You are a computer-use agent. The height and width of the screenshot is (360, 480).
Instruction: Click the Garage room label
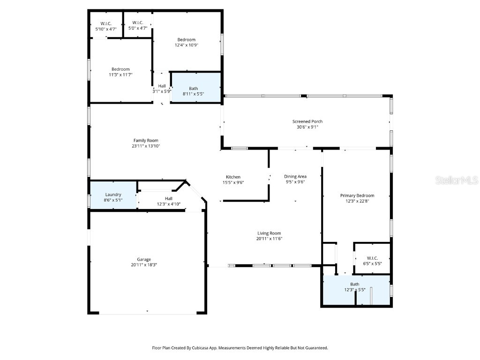pos(144,259)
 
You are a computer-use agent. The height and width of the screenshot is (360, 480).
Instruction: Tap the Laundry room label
pos(113,195)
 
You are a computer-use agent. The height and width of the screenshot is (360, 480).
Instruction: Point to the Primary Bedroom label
pos(357,195)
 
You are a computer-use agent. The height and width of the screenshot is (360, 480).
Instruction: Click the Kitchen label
pos(233,177)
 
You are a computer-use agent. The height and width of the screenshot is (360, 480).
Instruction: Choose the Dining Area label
pos(295,176)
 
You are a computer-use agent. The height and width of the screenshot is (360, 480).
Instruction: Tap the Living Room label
pos(269,233)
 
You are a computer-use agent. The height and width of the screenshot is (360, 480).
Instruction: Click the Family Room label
pos(146,140)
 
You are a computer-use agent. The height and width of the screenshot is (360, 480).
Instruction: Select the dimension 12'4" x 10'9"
pos(186,45)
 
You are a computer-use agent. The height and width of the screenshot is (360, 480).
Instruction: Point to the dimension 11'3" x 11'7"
pos(120,75)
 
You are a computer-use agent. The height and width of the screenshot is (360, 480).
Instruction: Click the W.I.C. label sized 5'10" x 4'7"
pos(106,23)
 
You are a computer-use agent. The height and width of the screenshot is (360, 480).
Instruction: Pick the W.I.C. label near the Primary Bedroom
pos(372,258)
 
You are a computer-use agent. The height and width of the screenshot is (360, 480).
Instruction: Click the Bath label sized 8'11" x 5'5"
pos(194,88)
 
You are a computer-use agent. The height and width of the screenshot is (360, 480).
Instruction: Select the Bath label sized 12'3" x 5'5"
pos(355,284)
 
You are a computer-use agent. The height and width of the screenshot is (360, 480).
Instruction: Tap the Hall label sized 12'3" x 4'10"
pos(168,198)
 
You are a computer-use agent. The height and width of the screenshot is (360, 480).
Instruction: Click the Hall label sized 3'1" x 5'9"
pos(162,86)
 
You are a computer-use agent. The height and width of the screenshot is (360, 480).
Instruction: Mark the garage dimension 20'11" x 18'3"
pos(144,265)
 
